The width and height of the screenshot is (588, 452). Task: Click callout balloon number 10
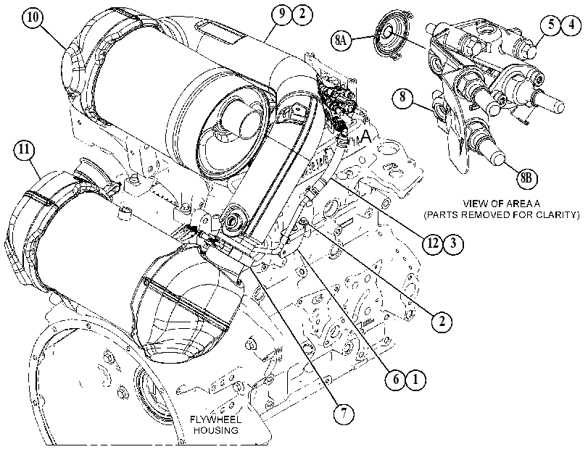coord(33,18)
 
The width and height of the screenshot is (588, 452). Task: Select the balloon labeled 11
coord(24,150)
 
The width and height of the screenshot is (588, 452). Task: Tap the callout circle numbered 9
coord(282,14)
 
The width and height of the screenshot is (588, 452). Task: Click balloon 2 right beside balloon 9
coord(302,14)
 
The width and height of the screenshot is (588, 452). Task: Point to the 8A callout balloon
coord(341,40)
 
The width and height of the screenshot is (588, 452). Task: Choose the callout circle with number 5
coord(551,25)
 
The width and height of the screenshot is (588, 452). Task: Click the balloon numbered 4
coord(571,25)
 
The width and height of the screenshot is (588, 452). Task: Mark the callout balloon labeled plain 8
coord(402,98)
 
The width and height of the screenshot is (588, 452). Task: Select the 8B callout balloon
coord(526,178)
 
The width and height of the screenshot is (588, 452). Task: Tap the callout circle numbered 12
coord(433,243)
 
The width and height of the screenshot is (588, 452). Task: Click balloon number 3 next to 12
coord(453,243)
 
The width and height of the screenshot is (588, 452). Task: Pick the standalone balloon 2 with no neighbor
coord(442,322)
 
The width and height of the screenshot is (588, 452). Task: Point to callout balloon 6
coord(396,380)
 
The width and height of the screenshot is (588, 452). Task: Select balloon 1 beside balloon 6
coord(416,380)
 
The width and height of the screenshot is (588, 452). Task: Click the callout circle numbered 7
coord(344,414)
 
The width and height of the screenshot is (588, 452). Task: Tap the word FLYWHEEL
coord(215,420)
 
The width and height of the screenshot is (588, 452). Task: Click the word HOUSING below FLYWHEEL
coord(215,430)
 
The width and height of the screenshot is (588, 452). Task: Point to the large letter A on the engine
coord(365,136)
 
